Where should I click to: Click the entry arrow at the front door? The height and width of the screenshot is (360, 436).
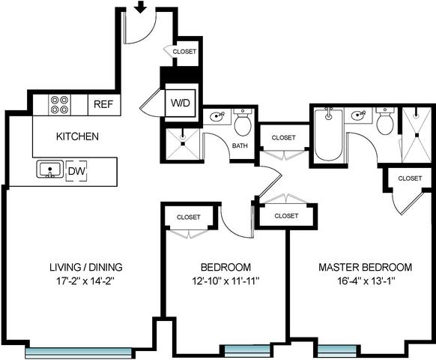pos(142,7)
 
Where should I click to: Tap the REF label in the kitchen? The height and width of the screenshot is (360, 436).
pos(103,104)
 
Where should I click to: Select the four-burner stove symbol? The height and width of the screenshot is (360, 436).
pos(59,105)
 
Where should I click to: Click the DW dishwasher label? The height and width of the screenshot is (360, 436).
pos(76,171)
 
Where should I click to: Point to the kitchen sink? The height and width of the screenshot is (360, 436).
pos(49,169)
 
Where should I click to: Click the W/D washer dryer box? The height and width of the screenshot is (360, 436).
pos(181,103)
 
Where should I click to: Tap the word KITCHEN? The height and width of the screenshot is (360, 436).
pos(77,136)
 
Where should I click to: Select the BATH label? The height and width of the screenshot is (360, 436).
pos(240,145)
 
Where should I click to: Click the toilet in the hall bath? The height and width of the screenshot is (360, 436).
pos(243,122)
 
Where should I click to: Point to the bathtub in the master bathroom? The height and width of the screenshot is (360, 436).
pos(328,135)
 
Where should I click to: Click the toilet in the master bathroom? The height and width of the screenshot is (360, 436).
pos(385,121)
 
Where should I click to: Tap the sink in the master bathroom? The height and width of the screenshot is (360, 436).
pos(358,115)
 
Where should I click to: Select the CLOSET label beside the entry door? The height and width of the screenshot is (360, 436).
pos(184,52)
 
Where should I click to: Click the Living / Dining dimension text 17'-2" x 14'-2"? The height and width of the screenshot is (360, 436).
pos(85,281)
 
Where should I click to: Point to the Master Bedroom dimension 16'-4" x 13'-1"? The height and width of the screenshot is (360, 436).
pos(366,281)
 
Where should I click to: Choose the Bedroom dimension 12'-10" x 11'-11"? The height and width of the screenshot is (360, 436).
pos(225,281)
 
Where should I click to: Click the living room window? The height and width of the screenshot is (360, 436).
pos(78,352)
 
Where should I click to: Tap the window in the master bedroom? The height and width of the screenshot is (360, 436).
pos(336,351)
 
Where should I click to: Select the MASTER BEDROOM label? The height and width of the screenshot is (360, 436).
pos(365,267)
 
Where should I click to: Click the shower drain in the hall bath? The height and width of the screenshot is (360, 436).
pos(183,144)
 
